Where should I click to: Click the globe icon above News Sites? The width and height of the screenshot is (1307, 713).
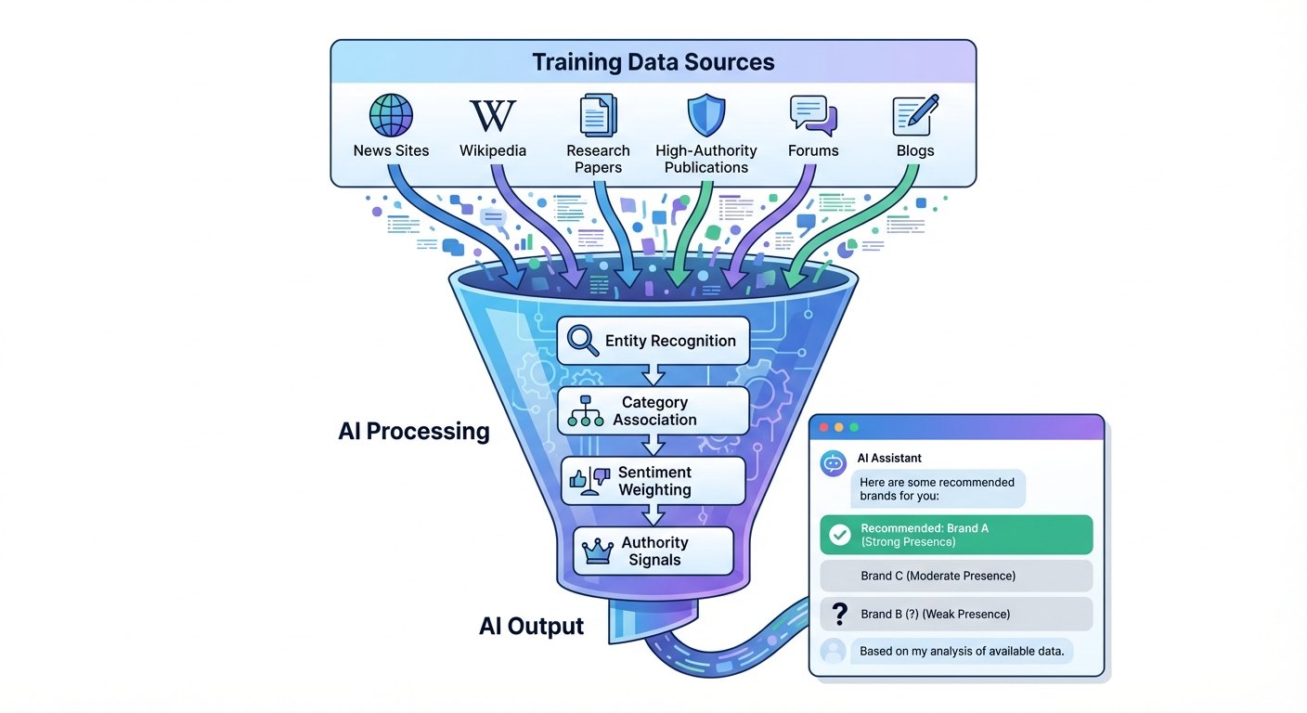[391, 115]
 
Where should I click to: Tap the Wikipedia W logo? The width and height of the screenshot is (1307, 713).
[492, 116]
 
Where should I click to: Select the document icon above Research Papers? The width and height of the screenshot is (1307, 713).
[598, 115]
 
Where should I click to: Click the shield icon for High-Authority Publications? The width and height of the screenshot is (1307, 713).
[705, 115]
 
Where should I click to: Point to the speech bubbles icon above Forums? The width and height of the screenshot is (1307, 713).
[813, 115]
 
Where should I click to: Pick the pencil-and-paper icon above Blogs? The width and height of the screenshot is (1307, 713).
[915, 115]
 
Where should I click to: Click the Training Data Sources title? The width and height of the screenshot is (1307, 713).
[653, 63]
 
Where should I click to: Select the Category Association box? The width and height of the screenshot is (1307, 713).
[653, 410]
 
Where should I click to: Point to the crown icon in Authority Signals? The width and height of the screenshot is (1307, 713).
[596, 551]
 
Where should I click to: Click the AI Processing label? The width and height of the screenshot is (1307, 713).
[414, 431]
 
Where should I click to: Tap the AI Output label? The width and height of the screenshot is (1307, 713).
[531, 626]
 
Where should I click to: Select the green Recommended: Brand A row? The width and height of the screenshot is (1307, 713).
[956, 535]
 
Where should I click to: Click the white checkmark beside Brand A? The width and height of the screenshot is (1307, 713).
[840, 535]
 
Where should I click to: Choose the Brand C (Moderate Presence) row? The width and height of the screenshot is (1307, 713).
[956, 576]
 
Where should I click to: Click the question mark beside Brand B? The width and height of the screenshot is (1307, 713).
[840, 614]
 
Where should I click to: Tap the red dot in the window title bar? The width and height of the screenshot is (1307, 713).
[822, 427]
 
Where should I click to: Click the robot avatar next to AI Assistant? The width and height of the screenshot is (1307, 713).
[834, 463]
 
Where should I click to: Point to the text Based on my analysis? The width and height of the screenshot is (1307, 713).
[961, 651]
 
